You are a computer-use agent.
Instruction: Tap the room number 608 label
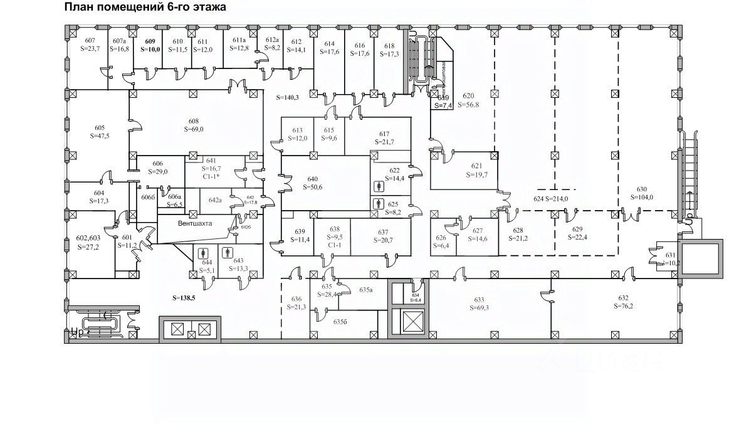coord(194,121)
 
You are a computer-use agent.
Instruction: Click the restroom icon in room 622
coord(377,186)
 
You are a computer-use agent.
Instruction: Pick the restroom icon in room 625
coord(377,204)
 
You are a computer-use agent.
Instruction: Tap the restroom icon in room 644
coord(203,253)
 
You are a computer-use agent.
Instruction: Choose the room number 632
coord(623,299)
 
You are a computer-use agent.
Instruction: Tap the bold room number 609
coord(150,41)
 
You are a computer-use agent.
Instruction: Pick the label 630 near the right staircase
coord(641,189)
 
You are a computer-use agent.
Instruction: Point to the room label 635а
coord(366,290)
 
